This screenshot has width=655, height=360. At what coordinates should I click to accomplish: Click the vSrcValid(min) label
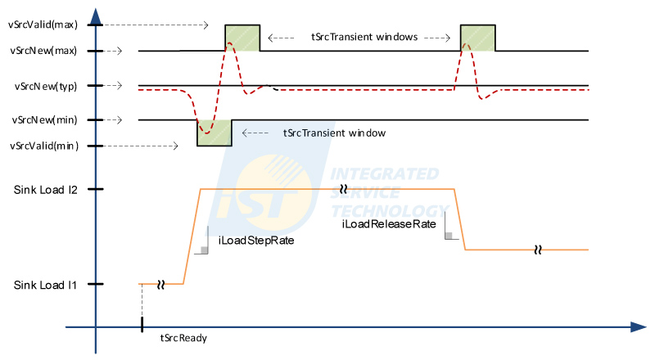click(x=43, y=146)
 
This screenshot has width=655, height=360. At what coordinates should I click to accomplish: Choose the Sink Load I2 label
click(x=46, y=190)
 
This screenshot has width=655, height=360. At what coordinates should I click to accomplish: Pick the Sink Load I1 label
click(x=46, y=285)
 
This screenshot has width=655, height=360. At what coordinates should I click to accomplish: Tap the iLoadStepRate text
click(x=256, y=241)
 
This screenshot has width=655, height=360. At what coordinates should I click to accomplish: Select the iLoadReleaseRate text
click(x=388, y=223)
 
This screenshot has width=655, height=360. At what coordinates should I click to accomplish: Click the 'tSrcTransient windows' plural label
click(x=365, y=37)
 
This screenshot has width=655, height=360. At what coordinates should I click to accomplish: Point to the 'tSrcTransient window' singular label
click(x=334, y=132)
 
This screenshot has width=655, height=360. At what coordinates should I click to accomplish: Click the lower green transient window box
click(x=215, y=133)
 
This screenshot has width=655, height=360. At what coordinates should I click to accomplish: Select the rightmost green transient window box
click(x=478, y=38)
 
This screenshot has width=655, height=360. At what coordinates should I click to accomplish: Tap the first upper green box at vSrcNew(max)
click(x=242, y=38)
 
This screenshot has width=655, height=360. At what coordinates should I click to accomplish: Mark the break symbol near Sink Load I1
click(x=161, y=284)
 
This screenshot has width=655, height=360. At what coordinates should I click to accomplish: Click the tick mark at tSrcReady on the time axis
click(x=142, y=324)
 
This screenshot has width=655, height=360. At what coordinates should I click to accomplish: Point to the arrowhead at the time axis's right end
click(x=639, y=327)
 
